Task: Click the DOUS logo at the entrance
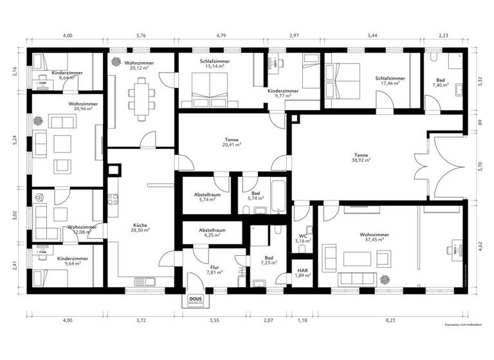[x=196, y=300]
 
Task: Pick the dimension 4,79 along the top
[x=221, y=37]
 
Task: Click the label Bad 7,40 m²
[x=439, y=82]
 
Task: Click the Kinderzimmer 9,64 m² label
[x=73, y=260]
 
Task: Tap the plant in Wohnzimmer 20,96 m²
[x=38, y=120]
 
